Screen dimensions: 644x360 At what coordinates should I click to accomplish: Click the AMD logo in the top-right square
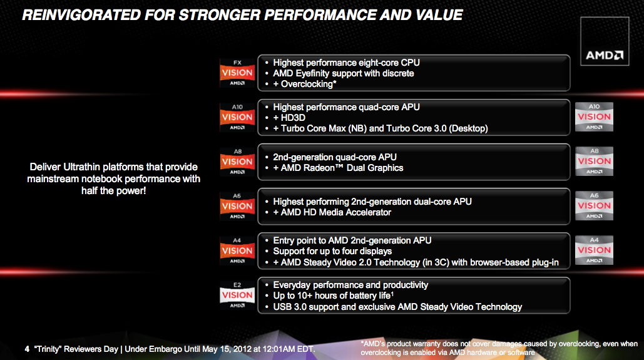(x=604, y=55)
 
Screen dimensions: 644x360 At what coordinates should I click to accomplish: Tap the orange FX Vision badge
(x=237, y=73)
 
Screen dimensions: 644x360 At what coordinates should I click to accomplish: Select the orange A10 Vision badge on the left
(x=237, y=117)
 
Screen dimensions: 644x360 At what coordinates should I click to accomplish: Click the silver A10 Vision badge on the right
(x=594, y=116)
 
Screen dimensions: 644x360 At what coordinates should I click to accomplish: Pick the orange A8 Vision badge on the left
(x=237, y=162)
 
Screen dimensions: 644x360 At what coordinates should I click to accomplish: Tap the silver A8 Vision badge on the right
(x=594, y=161)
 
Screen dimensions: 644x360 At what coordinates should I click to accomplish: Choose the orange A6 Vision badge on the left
(x=237, y=207)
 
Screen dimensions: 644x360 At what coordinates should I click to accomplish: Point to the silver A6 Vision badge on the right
(x=594, y=205)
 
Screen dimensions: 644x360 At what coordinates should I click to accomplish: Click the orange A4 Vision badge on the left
(x=237, y=250)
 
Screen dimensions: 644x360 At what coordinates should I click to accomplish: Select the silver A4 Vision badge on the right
(x=594, y=250)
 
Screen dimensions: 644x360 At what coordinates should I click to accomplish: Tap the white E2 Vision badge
(x=237, y=295)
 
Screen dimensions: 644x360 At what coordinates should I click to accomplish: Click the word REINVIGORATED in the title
(x=81, y=15)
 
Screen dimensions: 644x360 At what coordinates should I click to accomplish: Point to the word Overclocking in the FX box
(x=307, y=85)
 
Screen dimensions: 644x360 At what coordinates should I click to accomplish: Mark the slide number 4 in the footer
(x=27, y=349)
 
